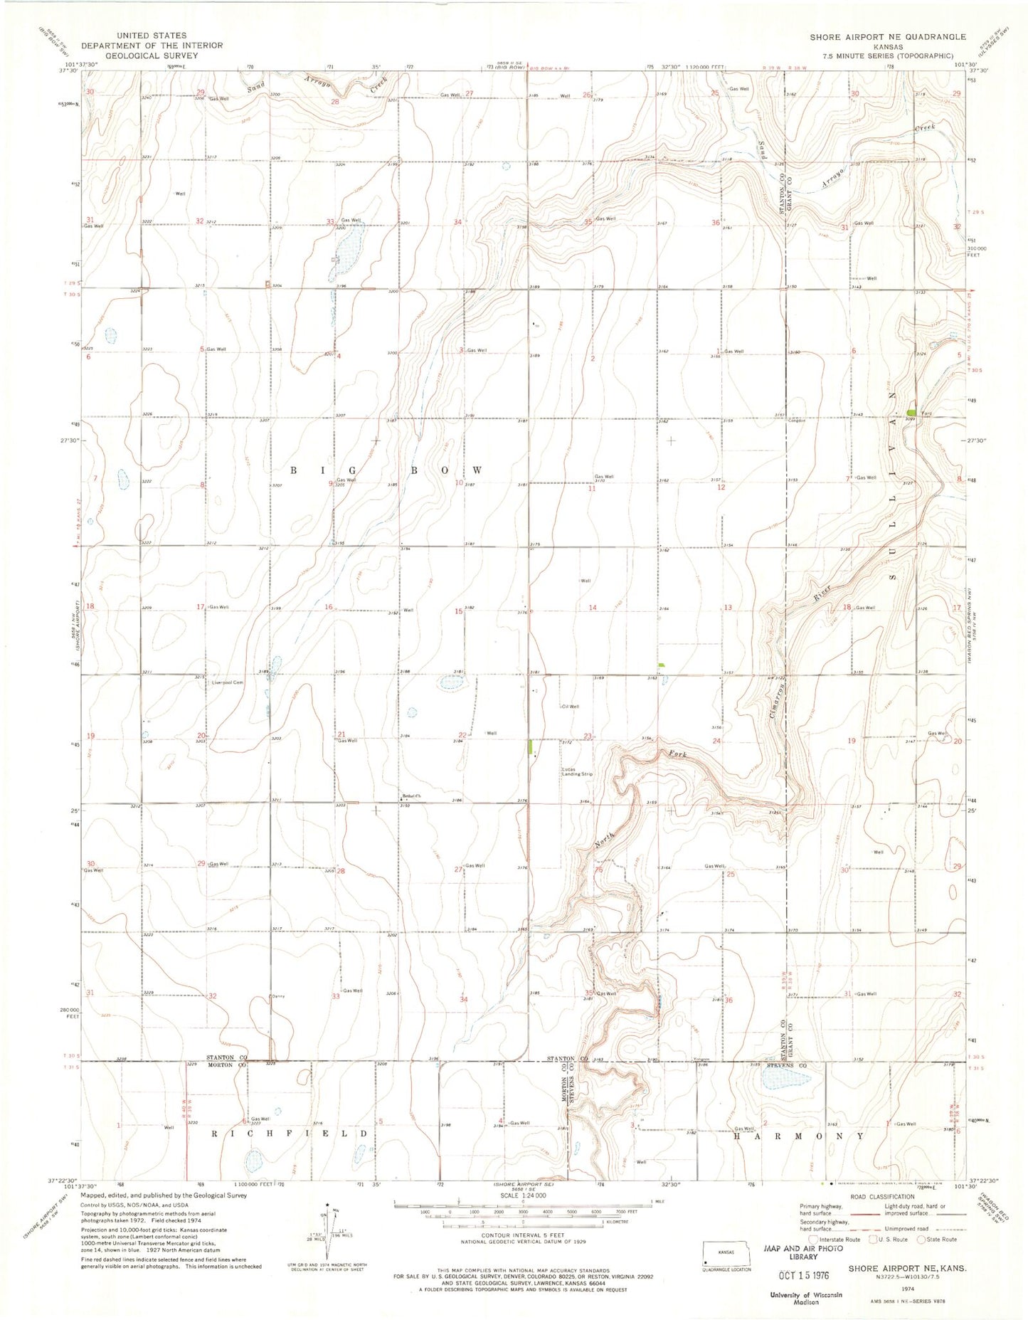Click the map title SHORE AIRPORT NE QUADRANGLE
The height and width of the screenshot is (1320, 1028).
point(887,36)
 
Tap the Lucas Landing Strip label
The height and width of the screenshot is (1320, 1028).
point(576,771)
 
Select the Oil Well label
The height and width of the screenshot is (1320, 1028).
point(570,707)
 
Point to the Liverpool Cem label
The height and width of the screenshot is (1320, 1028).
point(228,682)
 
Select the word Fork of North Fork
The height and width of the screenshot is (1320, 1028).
point(677,754)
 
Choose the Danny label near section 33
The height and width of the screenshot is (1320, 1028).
point(277,996)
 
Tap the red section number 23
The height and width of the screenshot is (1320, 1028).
point(588,736)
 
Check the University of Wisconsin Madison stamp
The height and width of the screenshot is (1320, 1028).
point(805,1298)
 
